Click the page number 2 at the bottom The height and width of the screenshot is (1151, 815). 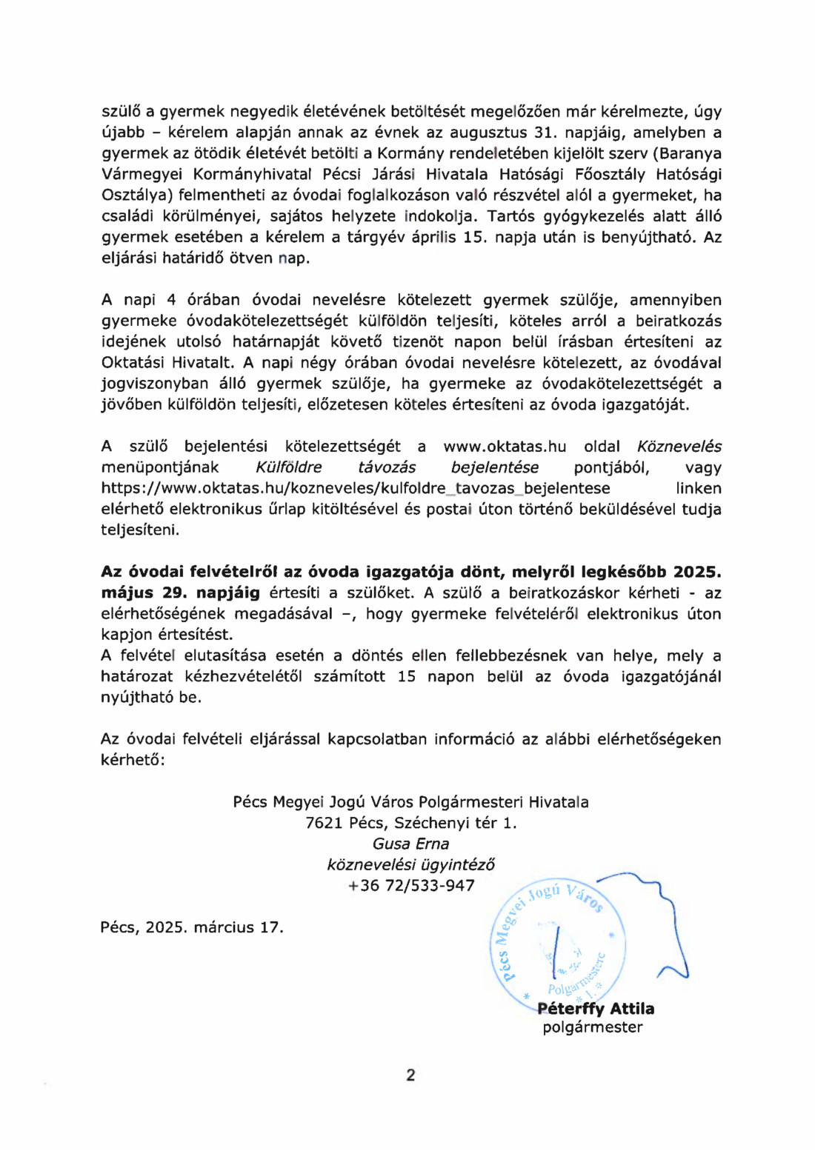[x=410, y=1075]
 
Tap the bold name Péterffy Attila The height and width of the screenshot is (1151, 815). [x=596, y=1008]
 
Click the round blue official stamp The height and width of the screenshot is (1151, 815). [x=557, y=941]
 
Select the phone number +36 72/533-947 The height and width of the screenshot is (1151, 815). [x=411, y=885]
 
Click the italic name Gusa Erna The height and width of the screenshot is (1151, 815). [x=410, y=844]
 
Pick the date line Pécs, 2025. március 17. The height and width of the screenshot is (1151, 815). [x=192, y=927]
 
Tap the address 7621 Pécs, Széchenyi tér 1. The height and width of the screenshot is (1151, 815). [x=411, y=823]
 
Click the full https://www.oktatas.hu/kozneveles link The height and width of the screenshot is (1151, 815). [x=356, y=488]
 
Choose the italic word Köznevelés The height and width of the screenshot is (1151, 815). [x=679, y=447]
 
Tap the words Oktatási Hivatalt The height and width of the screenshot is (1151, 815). [x=168, y=362]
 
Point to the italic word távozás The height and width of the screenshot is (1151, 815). [x=387, y=467]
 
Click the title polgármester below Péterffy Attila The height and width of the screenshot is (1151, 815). [x=593, y=1027]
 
